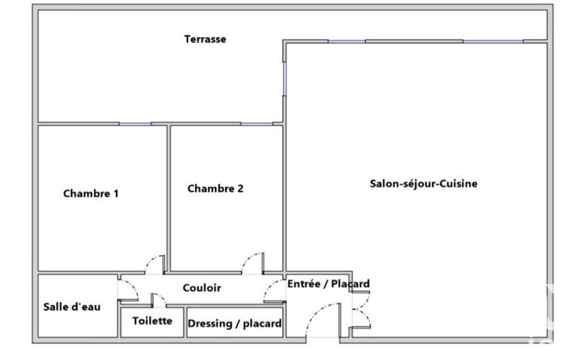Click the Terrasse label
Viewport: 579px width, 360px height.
point(205,39)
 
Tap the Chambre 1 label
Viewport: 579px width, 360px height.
point(90,193)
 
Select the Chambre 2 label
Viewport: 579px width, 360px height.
point(215,189)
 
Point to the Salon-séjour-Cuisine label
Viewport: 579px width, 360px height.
point(423,184)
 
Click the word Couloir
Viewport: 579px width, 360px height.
point(202,288)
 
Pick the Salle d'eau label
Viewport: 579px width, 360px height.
point(72,306)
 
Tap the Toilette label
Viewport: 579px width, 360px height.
point(152,321)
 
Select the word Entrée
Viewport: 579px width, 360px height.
point(304,284)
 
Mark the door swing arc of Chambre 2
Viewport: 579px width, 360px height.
point(251,260)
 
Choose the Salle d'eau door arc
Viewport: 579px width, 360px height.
point(129,289)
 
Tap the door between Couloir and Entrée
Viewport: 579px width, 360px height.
point(272,290)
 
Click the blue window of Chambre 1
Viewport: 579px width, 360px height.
point(135,124)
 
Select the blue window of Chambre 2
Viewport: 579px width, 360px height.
point(256,124)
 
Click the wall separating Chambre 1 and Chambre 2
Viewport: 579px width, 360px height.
point(169,196)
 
